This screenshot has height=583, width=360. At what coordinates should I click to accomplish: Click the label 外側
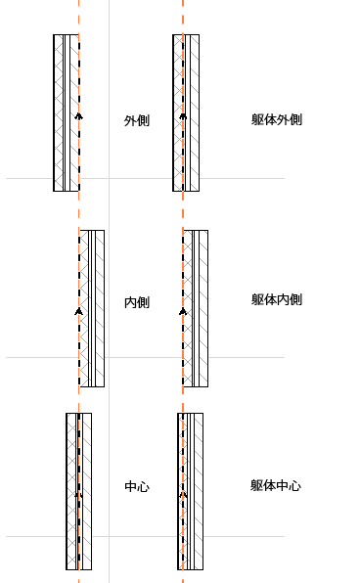pyautogui.click(x=137, y=121)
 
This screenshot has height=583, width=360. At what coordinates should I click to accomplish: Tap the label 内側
pyautogui.click(x=137, y=302)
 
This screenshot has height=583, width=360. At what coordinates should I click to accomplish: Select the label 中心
pyautogui.click(x=137, y=486)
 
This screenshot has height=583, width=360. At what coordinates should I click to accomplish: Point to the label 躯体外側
pyautogui.click(x=276, y=120)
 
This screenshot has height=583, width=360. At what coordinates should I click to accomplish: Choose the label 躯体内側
pyautogui.click(x=276, y=299)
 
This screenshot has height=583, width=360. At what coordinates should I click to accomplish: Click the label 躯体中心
pyautogui.click(x=276, y=485)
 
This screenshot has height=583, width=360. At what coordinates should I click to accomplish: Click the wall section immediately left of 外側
pyautogui.click(x=66, y=112)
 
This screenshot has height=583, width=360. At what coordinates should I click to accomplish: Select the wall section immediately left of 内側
pyautogui.click(x=92, y=308)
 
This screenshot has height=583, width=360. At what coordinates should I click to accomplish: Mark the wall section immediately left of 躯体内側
pyautogui.click(x=195, y=308)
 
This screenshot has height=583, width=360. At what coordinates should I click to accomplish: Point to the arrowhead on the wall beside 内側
pyautogui.click(x=78, y=311)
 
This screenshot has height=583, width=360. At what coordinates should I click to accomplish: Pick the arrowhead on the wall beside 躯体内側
pyautogui.click(x=182, y=311)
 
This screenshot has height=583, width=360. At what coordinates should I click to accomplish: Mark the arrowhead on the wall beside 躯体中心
pyautogui.click(x=182, y=494)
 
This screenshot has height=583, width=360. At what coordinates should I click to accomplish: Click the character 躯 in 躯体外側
pyautogui.click(x=257, y=120)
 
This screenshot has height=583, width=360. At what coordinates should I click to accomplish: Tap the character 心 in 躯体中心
pyautogui.click(x=294, y=485)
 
